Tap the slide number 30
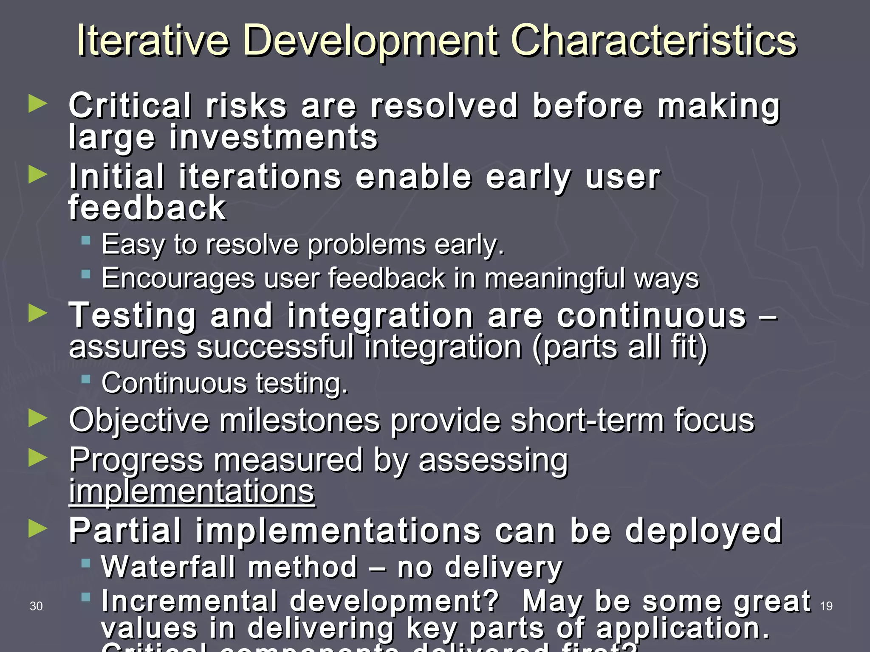(x=36, y=606)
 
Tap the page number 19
(x=826, y=606)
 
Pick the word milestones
(x=299, y=420)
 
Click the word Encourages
(x=178, y=278)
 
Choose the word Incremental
(x=189, y=601)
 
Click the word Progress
(x=136, y=460)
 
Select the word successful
(x=275, y=347)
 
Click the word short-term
(x=586, y=420)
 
